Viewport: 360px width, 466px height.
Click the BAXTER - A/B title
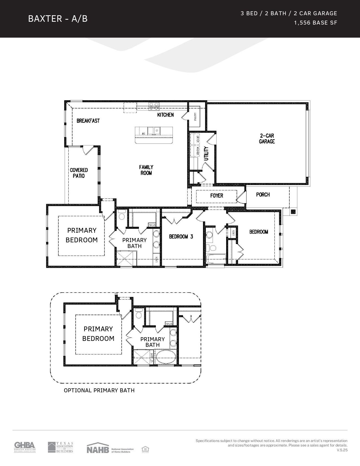(58, 19)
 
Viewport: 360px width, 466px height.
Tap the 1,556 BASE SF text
(315, 23)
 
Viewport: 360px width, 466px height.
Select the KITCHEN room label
(165, 115)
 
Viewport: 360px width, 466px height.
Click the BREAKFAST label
(88, 121)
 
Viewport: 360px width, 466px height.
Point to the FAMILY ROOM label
(146, 170)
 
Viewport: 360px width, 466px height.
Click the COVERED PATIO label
(79, 173)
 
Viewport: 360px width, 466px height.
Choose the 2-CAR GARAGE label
(267, 138)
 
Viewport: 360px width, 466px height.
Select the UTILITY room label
(206, 153)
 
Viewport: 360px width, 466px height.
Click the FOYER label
(217, 195)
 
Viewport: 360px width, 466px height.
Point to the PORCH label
(263, 195)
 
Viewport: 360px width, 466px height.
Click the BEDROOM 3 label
(181, 236)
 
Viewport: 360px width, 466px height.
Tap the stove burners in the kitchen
(154, 106)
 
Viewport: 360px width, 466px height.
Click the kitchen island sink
(154, 131)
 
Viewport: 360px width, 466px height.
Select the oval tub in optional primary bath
(166, 357)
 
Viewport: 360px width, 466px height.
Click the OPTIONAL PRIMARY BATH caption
(99, 390)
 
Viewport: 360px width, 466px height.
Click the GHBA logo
(25, 447)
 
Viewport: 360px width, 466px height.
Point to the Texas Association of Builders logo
(60, 447)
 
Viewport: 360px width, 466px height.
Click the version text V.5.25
(342, 450)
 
